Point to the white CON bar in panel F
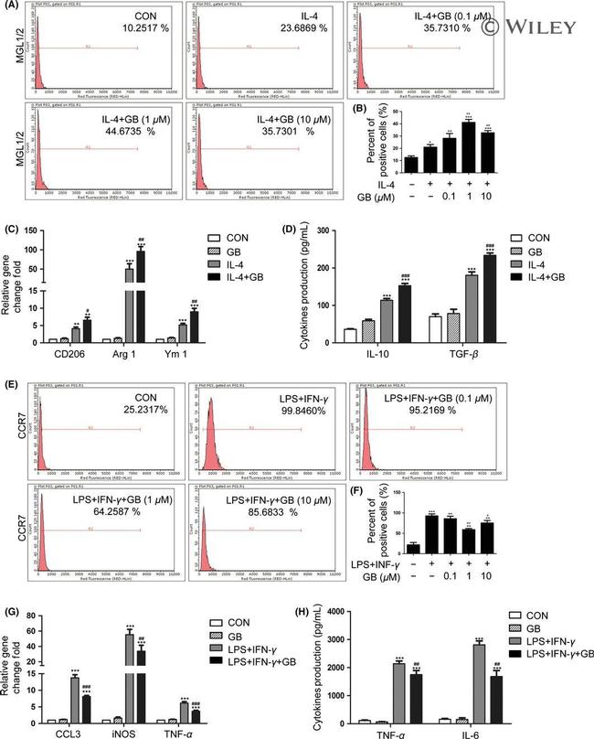pyautogui.click(x=413, y=551)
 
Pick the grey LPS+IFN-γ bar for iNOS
pyautogui.click(x=129, y=666)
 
